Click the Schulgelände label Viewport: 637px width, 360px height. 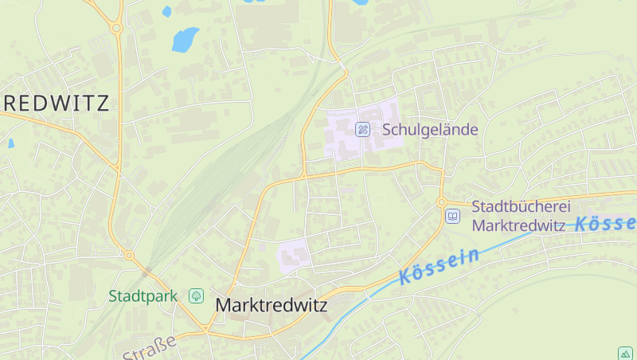point(430,129)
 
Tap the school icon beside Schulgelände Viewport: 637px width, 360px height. point(362,129)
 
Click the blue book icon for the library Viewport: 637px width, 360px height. point(453,216)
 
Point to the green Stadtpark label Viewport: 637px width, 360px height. point(143,296)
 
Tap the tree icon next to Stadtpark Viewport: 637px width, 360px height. point(196,296)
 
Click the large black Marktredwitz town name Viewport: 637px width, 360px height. point(272,305)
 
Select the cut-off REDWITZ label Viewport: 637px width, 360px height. point(54,102)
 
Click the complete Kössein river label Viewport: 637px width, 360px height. point(440,266)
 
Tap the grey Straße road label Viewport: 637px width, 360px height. point(149,347)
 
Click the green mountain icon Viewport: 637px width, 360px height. point(625,353)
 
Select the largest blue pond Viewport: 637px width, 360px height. point(185,38)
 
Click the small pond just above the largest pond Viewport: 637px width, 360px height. point(166,11)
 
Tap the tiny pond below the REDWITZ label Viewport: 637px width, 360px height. point(11,143)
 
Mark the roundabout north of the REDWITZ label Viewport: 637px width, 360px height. point(116,28)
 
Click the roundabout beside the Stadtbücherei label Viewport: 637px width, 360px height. point(441,202)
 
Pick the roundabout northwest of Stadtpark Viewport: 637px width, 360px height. point(129,256)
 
